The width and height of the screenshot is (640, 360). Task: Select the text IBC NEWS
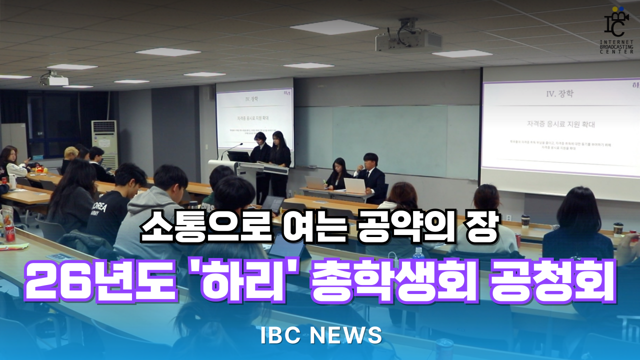point(321,335)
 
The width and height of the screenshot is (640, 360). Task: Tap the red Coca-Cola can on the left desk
point(9,232)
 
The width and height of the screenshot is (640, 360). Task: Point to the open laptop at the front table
point(355,185)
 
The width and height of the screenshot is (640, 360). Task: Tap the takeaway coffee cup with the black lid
point(618,228)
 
